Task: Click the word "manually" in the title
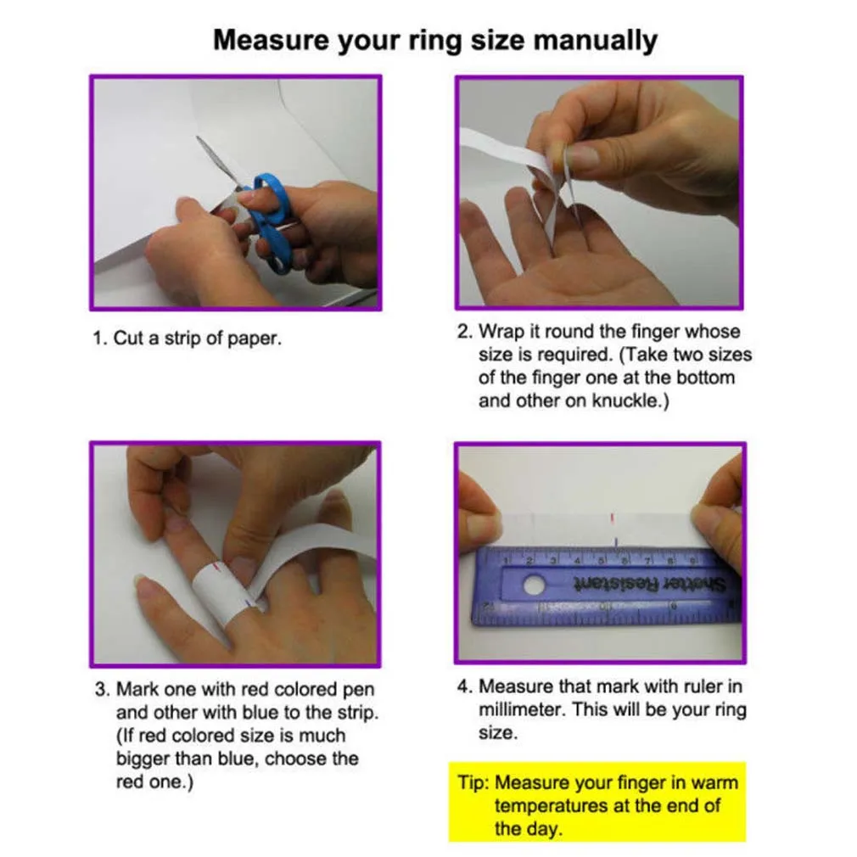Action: coord(596,41)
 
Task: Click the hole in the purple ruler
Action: coord(534,585)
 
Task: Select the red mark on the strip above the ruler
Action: coord(612,517)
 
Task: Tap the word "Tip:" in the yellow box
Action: coord(473,782)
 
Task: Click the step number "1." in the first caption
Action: coord(100,339)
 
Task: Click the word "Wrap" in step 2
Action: coord(500,332)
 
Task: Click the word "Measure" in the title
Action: coord(271,41)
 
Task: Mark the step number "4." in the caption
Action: coord(465,686)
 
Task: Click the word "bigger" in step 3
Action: coord(142,759)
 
